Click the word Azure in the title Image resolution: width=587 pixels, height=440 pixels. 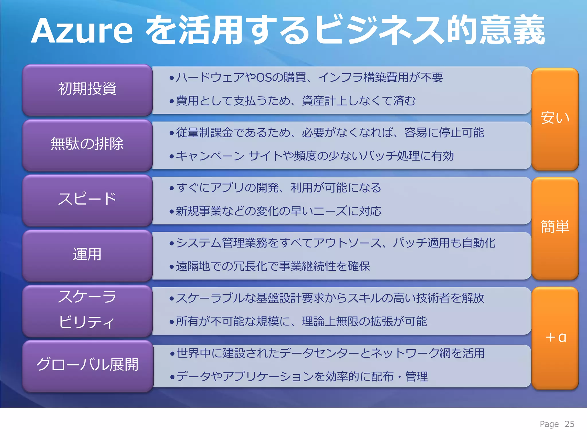[82, 31]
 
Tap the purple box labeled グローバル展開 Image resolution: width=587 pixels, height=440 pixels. [87, 365]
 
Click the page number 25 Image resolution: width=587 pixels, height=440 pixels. [570, 424]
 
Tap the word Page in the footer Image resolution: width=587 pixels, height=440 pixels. [549, 424]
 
